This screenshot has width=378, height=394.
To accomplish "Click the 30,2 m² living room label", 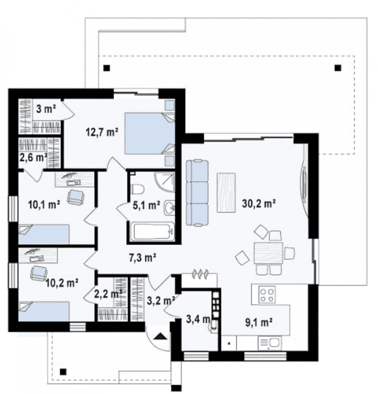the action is click(259, 204).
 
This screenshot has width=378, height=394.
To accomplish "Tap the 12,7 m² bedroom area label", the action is click(102, 132).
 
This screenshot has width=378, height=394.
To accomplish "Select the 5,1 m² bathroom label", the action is click(146, 205).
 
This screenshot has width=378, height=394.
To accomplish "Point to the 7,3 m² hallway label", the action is click(143, 258).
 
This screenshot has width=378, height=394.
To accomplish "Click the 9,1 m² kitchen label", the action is click(259, 323).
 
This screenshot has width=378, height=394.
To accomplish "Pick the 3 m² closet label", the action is click(46, 109).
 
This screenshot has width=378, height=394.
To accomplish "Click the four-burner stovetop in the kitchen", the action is click(267, 295).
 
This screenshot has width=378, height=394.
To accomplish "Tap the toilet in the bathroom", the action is click(137, 189).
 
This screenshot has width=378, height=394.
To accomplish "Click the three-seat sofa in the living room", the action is click(197, 193).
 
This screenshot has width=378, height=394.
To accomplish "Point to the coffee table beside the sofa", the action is click(226, 193).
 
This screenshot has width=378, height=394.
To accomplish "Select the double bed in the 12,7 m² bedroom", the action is click(150, 133).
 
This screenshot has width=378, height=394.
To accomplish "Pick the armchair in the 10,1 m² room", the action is click(75, 197).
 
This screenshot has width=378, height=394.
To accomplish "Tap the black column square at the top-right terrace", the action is click(338, 68).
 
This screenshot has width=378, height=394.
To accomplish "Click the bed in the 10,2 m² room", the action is click(44, 311).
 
